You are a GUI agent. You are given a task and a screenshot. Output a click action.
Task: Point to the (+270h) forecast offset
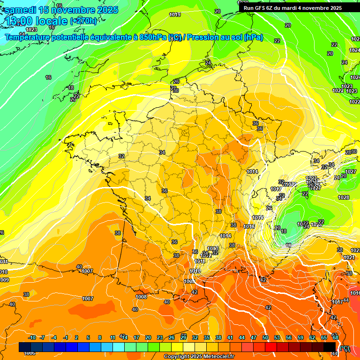coord(84,21)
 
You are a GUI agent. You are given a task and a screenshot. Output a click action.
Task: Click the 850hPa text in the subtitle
coord(152,37)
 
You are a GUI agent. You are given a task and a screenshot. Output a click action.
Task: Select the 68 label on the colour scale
coord(335,337)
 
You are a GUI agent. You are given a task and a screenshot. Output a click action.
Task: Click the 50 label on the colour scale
coord(265,337)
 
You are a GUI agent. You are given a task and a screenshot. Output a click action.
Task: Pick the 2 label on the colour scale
coord(76,337)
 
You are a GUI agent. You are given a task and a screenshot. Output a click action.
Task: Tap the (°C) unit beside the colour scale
coord(345,348)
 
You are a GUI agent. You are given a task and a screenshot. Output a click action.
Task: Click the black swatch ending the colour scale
coord(330,347)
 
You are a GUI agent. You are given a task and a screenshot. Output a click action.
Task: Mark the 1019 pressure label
coord(175,15)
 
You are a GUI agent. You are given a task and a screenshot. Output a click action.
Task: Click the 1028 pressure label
coord(344,197)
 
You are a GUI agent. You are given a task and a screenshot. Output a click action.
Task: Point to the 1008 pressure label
coord(141,297)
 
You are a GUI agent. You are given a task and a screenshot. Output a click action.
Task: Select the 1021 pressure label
coord(349,258)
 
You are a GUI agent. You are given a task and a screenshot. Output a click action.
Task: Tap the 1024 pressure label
coord(354,50)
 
